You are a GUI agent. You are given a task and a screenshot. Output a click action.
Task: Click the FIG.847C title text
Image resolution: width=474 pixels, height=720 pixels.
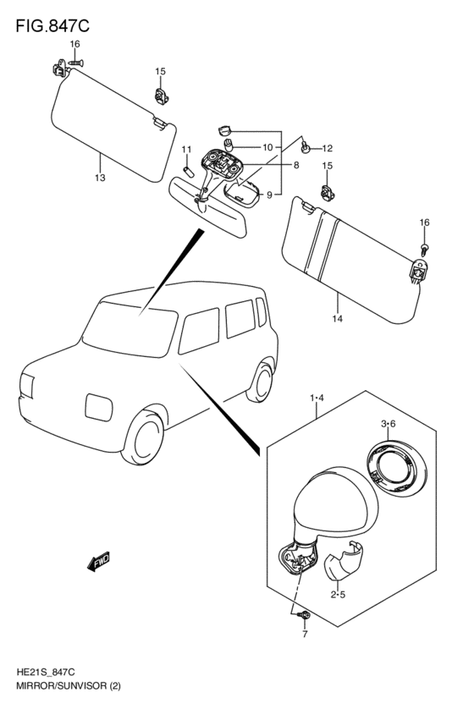52,26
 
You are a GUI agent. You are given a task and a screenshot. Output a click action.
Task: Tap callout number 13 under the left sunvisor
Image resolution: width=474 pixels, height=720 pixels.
100,178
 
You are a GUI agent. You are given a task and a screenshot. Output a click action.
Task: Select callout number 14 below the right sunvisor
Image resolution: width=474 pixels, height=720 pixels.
337,319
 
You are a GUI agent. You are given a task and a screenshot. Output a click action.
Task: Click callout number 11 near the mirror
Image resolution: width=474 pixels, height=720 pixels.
186,149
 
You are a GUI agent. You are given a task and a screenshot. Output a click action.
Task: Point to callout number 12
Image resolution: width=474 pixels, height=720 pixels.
327,148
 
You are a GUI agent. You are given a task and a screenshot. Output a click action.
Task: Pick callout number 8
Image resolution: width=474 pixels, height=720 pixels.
296,165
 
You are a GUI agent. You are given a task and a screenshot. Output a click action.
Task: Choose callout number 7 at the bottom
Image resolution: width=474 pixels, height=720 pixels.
305,635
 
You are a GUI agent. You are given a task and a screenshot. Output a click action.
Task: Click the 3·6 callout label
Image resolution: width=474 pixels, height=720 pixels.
389,424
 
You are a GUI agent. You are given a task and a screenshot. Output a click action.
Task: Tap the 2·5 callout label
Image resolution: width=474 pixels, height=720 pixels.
338,595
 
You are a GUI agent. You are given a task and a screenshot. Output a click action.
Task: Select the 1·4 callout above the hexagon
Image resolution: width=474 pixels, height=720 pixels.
317,398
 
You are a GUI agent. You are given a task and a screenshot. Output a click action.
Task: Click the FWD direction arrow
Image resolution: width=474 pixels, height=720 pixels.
98,561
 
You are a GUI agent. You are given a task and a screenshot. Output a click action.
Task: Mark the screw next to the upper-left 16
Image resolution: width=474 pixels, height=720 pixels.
76,62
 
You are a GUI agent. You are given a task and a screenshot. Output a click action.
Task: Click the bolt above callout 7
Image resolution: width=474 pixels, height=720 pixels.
304,615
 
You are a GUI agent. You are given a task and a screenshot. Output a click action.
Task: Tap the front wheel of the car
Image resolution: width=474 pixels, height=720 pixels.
143,437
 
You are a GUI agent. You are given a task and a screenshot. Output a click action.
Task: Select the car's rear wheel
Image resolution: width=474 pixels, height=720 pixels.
261,382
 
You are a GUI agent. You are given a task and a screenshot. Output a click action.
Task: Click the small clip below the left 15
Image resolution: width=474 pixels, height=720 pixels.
160,96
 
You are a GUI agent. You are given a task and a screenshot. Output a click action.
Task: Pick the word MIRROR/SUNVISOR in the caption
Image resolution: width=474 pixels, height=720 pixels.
61,686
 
